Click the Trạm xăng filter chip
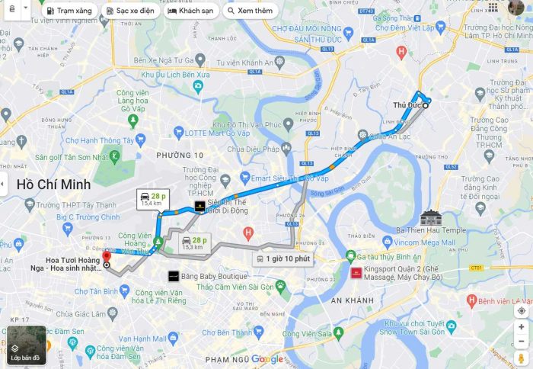pos(69,11)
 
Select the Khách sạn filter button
pos(191,11)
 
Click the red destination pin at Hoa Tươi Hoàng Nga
pos(106,256)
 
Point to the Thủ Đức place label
pos(407,104)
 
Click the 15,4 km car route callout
pos(153,200)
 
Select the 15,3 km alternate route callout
pos(193,243)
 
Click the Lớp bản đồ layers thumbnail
pos(27,345)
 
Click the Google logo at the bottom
pos(267,359)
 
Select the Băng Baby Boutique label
pos(212,275)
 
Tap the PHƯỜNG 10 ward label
pos(180,156)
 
